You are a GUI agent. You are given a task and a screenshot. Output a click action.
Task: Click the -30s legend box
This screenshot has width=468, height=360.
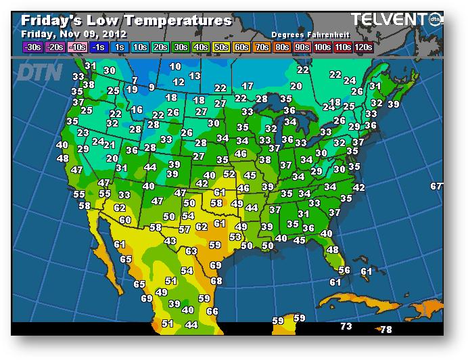point(32,47)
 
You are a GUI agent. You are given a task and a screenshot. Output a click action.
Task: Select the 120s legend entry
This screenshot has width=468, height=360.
point(363,47)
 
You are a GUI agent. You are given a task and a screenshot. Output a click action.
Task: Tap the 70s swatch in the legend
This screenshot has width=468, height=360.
point(260,47)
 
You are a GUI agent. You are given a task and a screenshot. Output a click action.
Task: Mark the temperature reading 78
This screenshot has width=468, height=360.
point(385,330)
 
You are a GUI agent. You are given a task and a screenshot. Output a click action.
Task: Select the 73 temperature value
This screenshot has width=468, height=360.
point(346,326)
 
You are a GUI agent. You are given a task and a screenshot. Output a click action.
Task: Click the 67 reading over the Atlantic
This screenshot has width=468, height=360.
point(437,186)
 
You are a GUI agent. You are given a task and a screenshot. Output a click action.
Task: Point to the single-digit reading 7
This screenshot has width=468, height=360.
point(135,81)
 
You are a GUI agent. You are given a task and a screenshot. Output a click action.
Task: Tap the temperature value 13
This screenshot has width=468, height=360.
point(195,76)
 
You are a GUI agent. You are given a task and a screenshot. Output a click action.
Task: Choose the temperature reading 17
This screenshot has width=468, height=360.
point(248,86)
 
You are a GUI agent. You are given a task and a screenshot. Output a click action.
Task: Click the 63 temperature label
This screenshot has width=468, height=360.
point(191,251)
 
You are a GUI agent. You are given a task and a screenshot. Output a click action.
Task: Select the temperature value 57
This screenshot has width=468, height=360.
point(184,229)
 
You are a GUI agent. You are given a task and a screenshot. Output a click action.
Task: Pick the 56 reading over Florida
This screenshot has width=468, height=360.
point(344,270)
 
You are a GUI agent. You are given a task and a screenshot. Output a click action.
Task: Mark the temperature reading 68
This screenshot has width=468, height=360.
point(216,280)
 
